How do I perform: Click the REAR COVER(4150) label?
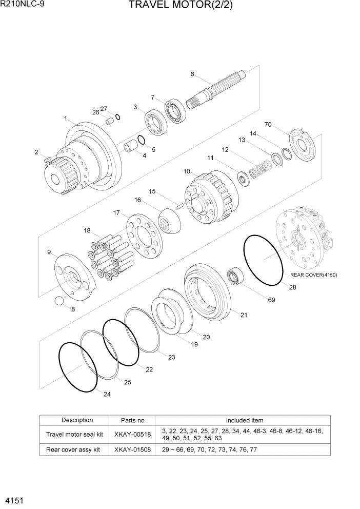[313, 275]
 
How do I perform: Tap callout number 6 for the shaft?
[192, 74]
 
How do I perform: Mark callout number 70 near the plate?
[268, 124]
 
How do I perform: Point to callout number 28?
[292, 287]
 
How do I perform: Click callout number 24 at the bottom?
[107, 394]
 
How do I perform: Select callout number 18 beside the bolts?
[87, 231]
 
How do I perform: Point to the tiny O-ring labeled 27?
[118, 117]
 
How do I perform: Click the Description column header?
[77, 420]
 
